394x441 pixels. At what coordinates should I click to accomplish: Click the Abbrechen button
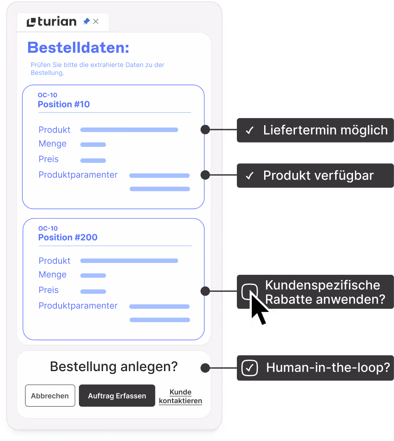tap(50, 396)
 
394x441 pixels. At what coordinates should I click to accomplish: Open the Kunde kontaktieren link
tap(180, 396)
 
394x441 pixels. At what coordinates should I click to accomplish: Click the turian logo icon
tap(31, 22)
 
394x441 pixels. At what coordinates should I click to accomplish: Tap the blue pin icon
tap(86, 22)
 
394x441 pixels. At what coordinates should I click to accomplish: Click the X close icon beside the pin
tap(96, 22)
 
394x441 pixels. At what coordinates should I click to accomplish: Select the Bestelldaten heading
tap(78, 48)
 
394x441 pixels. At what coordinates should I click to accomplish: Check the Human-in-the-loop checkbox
tap(250, 368)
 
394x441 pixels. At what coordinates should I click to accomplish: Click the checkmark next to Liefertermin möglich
tap(250, 130)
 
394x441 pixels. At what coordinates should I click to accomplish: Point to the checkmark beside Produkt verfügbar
tap(250, 176)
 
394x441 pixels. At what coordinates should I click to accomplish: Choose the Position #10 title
tap(64, 104)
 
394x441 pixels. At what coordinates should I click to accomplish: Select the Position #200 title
tap(68, 237)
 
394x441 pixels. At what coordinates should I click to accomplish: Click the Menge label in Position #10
tap(53, 144)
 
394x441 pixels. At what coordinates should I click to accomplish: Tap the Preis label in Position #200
tap(49, 290)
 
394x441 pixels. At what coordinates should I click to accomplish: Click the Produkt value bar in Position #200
tap(129, 261)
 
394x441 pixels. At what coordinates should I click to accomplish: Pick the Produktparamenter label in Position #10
tap(78, 175)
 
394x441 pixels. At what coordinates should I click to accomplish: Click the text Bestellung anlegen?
tap(114, 367)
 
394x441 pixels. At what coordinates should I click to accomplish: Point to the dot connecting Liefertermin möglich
tap(205, 129)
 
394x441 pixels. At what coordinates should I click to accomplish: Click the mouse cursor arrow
tap(259, 309)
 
